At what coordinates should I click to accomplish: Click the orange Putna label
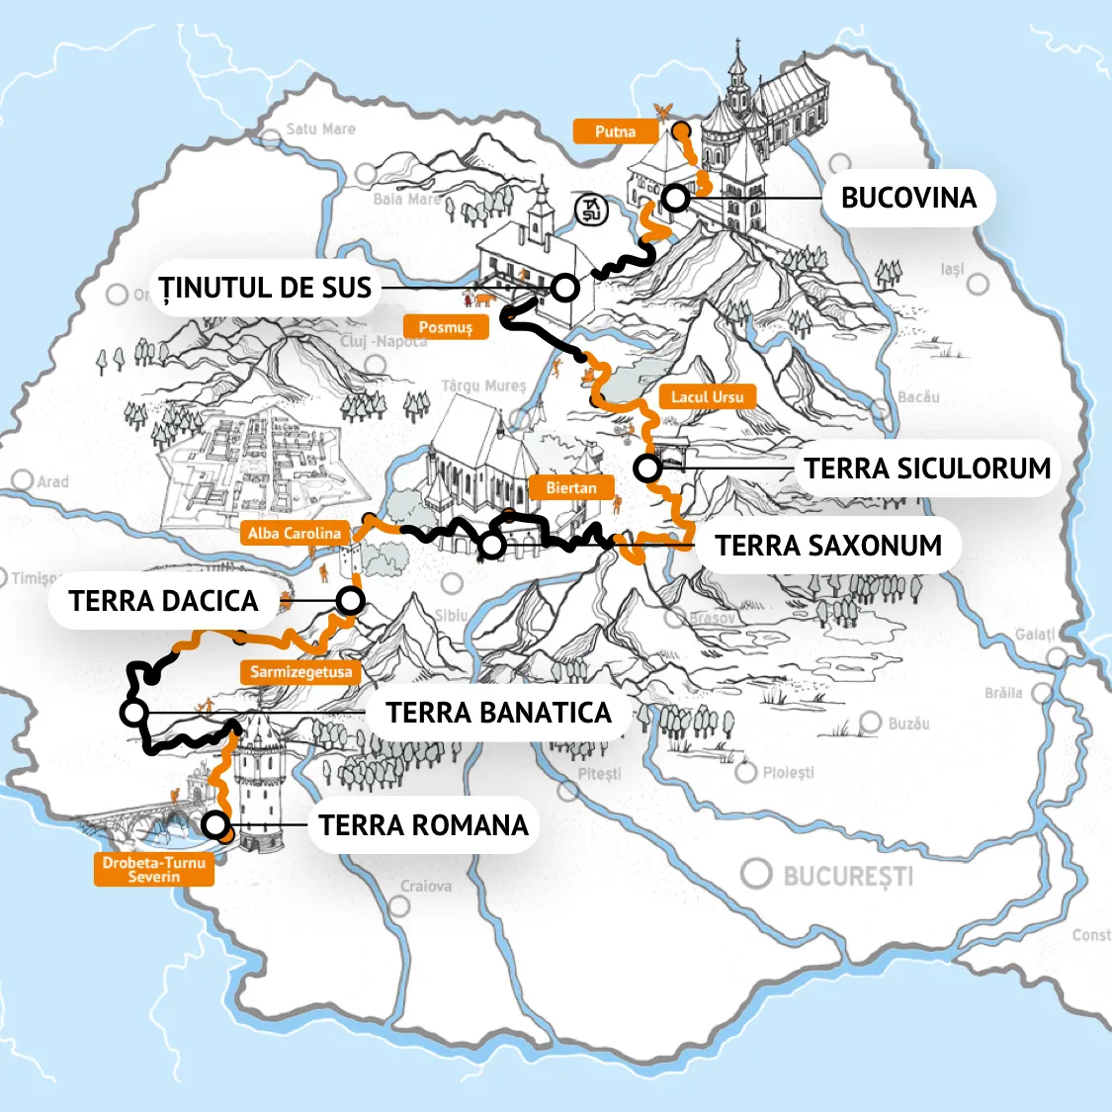(x=615, y=131)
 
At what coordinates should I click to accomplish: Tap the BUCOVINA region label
(x=908, y=198)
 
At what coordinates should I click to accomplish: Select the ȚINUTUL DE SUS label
(x=265, y=288)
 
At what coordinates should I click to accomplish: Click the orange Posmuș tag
(x=446, y=327)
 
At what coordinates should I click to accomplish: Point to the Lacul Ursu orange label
(x=707, y=397)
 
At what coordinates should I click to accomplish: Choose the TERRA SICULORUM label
(x=926, y=468)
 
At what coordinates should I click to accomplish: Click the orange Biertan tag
(x=570, y=487)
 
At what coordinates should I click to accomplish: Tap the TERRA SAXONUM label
(x=828, y=545)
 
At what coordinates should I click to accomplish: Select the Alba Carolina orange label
(x=294, y=534)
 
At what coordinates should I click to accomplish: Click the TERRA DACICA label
(x=163, y=601)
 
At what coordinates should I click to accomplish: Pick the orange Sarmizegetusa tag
(x=300, y=672)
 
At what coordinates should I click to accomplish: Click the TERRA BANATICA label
(x=498, y=713)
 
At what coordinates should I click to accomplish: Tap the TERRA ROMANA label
(x=423, y=825)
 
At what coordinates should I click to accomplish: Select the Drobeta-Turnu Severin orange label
(x=154, y=869)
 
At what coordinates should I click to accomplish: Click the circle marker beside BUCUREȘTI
(x=756, y=874)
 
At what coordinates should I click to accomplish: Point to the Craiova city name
(x=426, y=887)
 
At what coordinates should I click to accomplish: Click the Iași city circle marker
(x=978, y=285)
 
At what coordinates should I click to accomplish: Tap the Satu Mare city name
(x=320, y=129)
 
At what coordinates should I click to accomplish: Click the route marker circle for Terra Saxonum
(x=492, y=545)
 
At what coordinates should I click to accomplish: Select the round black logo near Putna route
(x=590, y=210)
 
